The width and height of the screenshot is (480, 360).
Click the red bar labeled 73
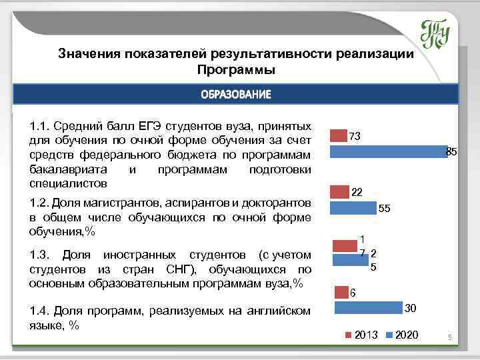pyautogui.click(x=339, y=136)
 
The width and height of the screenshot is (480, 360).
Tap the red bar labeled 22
pyautogui.click(x=340, y=192)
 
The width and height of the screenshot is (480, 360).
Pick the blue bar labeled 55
pyautogui.click(x=353, y=209)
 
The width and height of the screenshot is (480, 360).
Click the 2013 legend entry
pyautogui.click(x=361, y=334)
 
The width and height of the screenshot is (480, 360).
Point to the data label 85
pyautogui.click(x=451, y=152)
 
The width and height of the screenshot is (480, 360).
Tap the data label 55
pyautogui.click(x=385, y=209)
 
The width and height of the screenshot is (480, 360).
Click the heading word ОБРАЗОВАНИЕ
pyautogui.click(x=236, y=95)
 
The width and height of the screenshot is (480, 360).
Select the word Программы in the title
pyautogui.click(x=236, y=69)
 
